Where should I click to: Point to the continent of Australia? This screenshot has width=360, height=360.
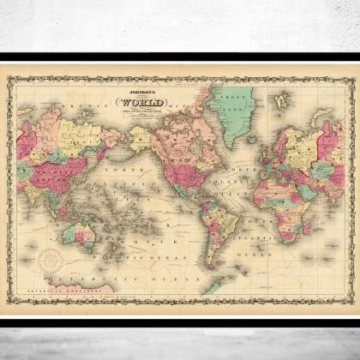(83, 232)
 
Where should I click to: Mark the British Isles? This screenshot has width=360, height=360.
(265, 140)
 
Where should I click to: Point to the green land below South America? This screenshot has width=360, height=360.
(214, 284)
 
